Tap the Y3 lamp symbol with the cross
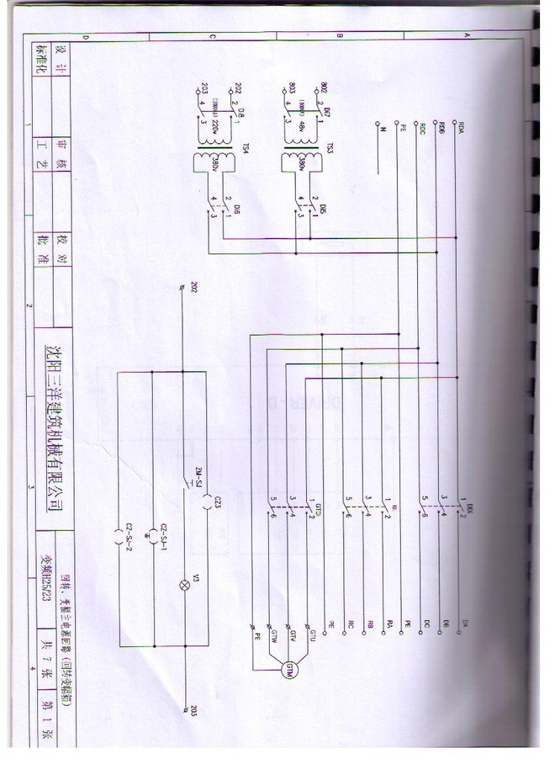pyautogui.click(x=180, y=586)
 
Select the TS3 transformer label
pyautogui.click(x=330, y=150)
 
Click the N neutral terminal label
pyautogui.click(x=380, y=130)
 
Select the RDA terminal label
pyautogui.click(x=461, y=130)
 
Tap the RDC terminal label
pyautogui.click(x=421, y=130)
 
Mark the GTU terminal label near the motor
pyautogui.click(x=311, y=632)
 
